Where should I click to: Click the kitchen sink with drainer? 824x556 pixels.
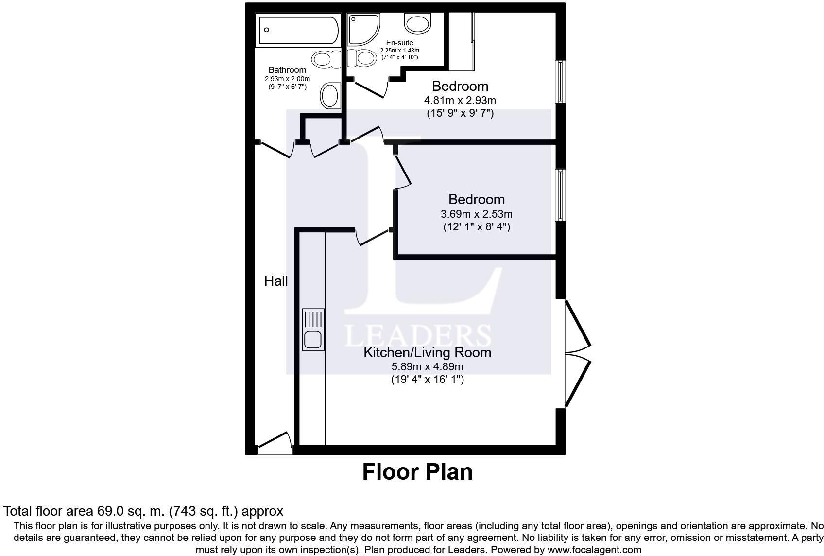pyautogui.click(x=313, y=329)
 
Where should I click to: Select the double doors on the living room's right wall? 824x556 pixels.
pyautogui.click(x=578, y=353)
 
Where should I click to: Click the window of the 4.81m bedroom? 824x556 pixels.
pyautogui.click(x=560, y=81)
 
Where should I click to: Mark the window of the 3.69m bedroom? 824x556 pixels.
pyautogui.click(x=560, y=195)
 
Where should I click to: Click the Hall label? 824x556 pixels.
pyautogui.click(x=275, y=281)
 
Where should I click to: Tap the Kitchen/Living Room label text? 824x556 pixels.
pyautogui.click(x=427, y=352)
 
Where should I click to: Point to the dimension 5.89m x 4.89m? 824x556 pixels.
pyautogui.click(x=427, y=366)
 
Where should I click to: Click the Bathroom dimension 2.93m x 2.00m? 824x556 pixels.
pyautogui.click(x=287, y=79)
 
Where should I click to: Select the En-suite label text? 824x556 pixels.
pyautogui.click(x=399, y=43)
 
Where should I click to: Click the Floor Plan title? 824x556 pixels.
pyautogui.click(x=417, y=472)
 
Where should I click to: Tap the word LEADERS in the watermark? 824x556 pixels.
pyautogui.click(x=417, y=336)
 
